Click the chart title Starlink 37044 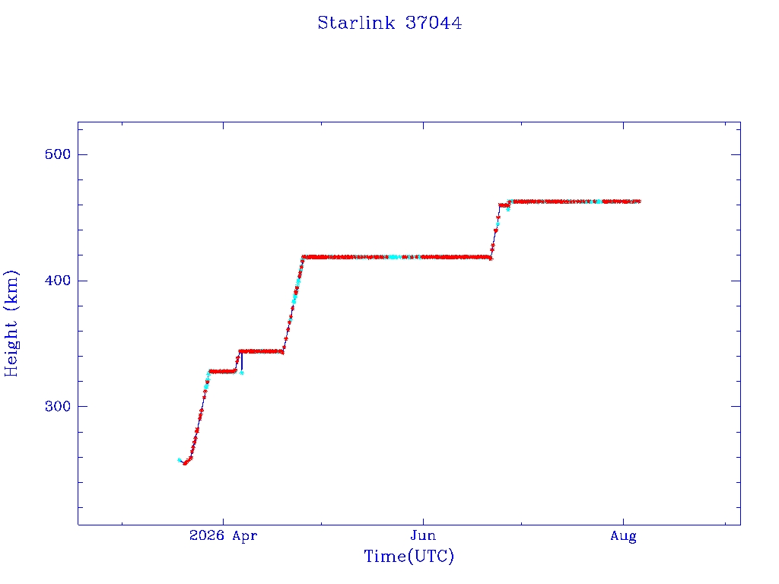[389, 23]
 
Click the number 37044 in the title [434, 23]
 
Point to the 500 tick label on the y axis [58, 154]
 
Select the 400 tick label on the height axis [58, 281]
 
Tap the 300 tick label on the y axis [58, 406]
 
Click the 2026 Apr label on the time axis [223, 536]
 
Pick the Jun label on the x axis [423, 536]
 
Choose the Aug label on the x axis [624, 536]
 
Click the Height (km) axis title [11, 324]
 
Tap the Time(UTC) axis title [409, 556]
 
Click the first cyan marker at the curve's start [180, 460]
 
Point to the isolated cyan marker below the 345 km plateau [241, 373]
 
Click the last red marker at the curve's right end [639, 201]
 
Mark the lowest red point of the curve [185, 463]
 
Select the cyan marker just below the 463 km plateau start [507, 209]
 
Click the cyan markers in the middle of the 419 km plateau [395, 257]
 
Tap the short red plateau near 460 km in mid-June [504, 205]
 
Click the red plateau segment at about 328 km [222, 371]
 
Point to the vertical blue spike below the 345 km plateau [241, 361]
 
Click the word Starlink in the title [356, 23]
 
